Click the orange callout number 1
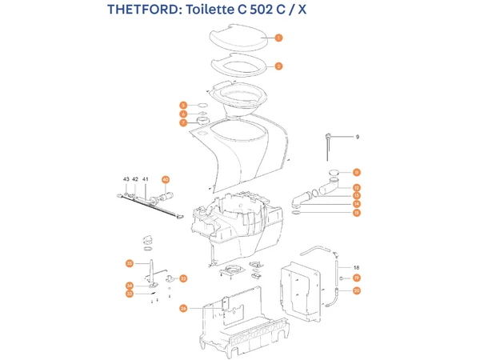click(278, 38)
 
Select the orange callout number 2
click(278, 66)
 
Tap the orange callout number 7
click(183, 123)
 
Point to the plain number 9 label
click(358, 138)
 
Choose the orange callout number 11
click(357, 172)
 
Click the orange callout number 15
click(357, 213)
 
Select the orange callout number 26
click(183, 308)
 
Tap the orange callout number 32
click(183, 278)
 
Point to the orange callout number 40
click(166, 180)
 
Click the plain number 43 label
click(126, 179)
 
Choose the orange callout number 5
click(183, 106)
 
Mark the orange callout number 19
click(357, 278)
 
